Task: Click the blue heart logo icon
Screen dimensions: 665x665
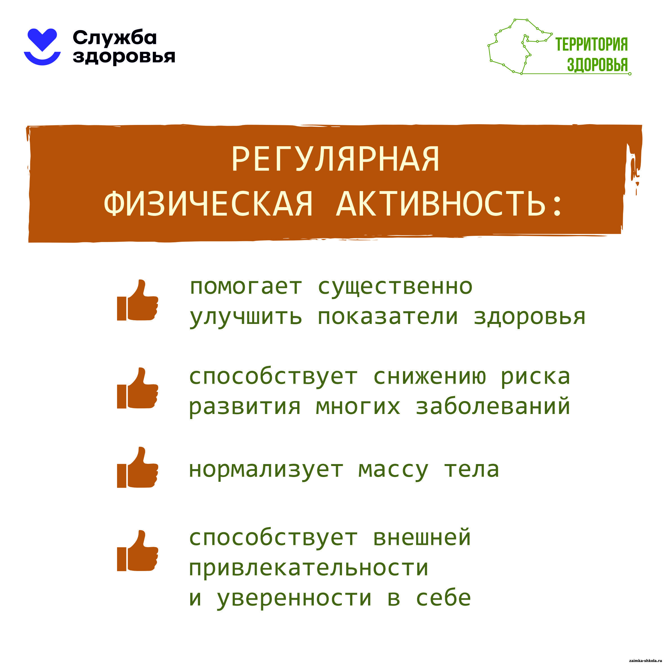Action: click(x=42, y=46)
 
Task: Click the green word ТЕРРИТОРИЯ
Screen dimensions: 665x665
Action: click(x=591, y=44)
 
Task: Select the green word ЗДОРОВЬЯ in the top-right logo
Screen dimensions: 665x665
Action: click(x=597, y=64)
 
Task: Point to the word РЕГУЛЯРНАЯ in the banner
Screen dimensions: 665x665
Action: click(x=335, y=159)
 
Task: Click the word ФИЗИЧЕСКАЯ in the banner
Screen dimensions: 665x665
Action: click(x=208, y=203)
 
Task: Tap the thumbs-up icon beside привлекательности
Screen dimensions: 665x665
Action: click(x=137, y=550)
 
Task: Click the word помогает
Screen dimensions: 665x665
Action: click(x=246, y=287)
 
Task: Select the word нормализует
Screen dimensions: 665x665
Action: click(x=266, y=470)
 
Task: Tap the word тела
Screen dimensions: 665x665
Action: click(x=472, y=470)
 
